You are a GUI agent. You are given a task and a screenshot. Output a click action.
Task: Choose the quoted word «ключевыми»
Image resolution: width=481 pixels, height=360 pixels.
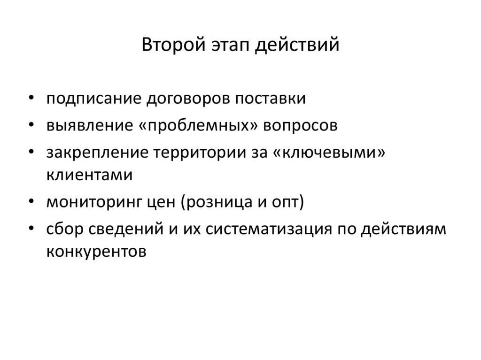[x=329, y=154]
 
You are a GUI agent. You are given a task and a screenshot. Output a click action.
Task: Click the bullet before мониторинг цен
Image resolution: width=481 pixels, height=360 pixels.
[x=31, y=202]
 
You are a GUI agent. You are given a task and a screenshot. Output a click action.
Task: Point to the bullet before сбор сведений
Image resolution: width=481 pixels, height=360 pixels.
[x=31, y=230]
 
